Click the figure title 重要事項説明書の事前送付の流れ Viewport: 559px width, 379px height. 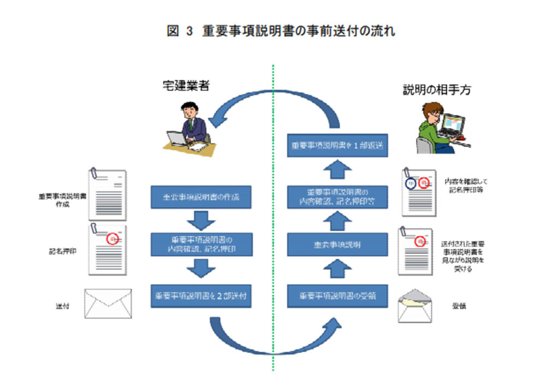298,31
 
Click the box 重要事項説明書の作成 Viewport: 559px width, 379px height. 201,197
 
